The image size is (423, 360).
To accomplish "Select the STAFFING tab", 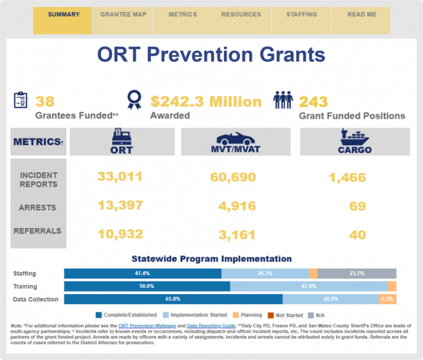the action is click(x=301, y=20).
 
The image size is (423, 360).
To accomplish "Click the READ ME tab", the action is click(x=361, y=20).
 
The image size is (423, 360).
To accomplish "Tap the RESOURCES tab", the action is click(x=241, y=20).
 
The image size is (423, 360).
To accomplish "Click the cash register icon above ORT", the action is click(x=122, y=137).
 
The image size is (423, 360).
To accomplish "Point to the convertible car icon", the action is click(x=236, y=138).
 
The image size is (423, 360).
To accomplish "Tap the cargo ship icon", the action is click(x=355, y=137).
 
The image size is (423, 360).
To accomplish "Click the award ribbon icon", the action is click(x=134, y=100).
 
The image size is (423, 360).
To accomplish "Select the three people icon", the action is click(x=283, y=100).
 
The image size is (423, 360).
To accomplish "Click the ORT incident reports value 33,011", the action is click(x=120, y=177).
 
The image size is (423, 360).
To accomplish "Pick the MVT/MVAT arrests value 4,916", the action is click(x=237, y=206).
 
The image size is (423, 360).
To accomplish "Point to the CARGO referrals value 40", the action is click(x=357, y=235).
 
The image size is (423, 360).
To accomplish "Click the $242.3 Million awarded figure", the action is click(x=206, y=101).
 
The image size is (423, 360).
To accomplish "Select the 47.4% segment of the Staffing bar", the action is click(x=143, y=274).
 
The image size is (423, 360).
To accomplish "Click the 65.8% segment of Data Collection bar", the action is click(x=173, y=299).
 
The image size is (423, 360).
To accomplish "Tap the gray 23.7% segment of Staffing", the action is click(x=357, y=274).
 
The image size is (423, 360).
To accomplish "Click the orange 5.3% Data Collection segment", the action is click(x=387, y=299).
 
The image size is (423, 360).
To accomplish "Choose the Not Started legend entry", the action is click(x=285, y=315).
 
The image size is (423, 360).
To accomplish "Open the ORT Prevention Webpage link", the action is click(x=147, y=326).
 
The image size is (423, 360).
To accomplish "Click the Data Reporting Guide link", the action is click(x=211, y=326).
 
